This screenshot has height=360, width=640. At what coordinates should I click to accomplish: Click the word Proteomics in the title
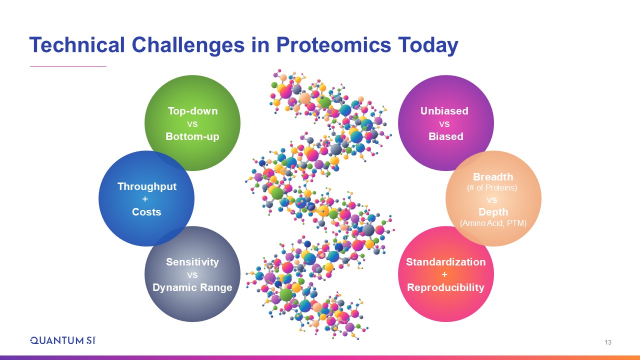pyautogui.click(x=333, y=45)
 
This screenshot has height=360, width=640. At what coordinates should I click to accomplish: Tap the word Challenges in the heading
pyautogui.click(x=188, y=45)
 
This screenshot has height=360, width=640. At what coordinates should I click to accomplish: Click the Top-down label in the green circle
pyautogui.click(x=192, y=111)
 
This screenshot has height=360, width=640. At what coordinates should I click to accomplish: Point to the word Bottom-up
pyautogui.click(x=192, y=136)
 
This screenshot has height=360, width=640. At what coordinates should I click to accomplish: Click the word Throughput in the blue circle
pyautogui.click(x=147, y=186)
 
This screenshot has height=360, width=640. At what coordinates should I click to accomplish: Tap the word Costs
pyautogui.click(x=146, y=212)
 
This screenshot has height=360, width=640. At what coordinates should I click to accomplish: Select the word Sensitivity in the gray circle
pyautogui.click(x=192, y=262)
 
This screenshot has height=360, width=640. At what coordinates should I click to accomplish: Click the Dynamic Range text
pyautogui.click(x=192, y=287)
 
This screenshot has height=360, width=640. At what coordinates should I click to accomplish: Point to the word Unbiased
pyautogui.click(x=444, y=111)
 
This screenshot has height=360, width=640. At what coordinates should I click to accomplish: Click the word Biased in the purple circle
pyautogui.click(x=445, y=136)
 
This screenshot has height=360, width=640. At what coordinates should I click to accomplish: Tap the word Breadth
pyautogui.click(x=493, y=177)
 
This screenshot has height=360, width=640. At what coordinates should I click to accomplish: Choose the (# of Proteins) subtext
pyautogui.click(x=492, y=187)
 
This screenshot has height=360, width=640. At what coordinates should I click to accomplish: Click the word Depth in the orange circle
pyautogui.click(x=493, y=212)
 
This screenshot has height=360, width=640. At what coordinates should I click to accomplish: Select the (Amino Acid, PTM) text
pyautogui.click(x=493, y=223)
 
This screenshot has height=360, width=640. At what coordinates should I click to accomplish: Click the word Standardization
pyautogui.click(x=445, y=262)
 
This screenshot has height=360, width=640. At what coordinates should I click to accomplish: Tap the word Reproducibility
pyautogui.click(x=445, y=287)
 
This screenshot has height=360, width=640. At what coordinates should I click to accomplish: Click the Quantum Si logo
pyautogui.click(x=63, y=340)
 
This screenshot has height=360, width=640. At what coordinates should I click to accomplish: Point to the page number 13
pyautogui.click(x=608, y=342)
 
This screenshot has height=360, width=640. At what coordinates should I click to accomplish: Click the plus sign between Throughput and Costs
pyautogui.click(x=145, y=199)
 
